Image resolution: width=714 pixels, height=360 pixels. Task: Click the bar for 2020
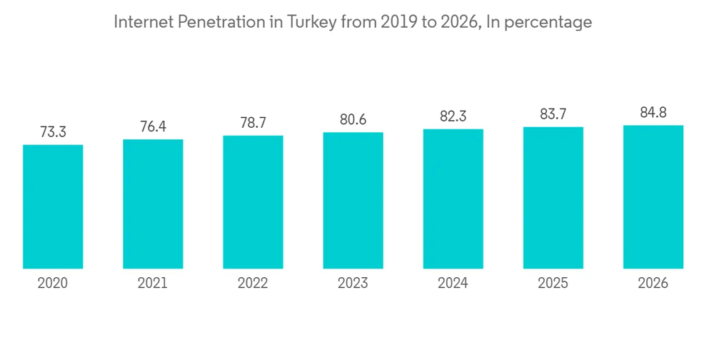53,206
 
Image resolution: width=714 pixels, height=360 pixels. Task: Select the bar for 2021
153,204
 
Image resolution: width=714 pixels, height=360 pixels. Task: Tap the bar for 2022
253,201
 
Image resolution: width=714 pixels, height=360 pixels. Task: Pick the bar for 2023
353,200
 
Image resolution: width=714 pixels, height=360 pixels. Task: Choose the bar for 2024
453,199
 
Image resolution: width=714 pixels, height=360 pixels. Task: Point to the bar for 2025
553,197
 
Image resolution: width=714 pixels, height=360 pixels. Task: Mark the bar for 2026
653,196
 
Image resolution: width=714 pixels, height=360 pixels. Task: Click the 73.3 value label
53,131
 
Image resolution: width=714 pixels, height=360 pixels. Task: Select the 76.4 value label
153,126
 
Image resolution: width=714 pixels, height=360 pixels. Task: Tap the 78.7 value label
253,122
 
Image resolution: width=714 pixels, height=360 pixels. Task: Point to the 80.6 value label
353,119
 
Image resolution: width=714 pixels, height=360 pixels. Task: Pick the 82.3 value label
453,116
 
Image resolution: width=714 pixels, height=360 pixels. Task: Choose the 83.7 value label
553,114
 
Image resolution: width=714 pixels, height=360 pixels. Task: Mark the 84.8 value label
653,112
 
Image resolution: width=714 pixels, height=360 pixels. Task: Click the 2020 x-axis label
53,284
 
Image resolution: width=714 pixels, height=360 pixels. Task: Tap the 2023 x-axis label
353,284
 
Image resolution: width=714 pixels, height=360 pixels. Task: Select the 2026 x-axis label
653,284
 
